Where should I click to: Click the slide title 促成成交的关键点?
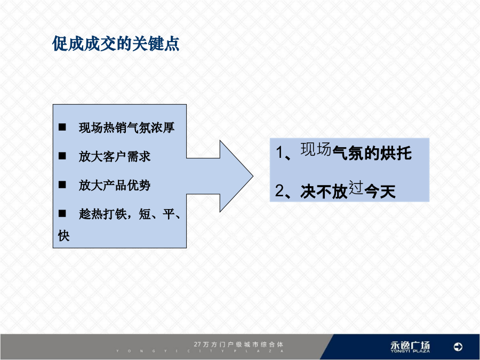point(115,44)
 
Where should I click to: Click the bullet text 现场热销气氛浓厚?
point(126,127)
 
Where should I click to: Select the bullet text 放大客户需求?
point(115,156)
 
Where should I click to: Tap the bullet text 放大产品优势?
point(115,185)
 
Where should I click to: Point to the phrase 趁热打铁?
point(102,214)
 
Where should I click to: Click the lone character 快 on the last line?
point(63,236)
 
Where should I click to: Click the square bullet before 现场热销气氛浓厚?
point(62,127)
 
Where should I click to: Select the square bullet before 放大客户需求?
point(62,156)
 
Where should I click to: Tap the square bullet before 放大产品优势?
point(62,185)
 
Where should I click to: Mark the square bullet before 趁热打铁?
point(62,213)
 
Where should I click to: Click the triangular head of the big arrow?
point(236,176)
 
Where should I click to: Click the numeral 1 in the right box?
point(279,153)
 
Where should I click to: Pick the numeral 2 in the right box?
point(280,191)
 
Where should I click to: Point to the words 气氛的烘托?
point(372,153)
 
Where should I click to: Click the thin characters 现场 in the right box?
point(316,149)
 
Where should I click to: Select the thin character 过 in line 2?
point(356,188)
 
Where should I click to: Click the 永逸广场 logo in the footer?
point(410,347)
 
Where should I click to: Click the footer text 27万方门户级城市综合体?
point(238,345)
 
